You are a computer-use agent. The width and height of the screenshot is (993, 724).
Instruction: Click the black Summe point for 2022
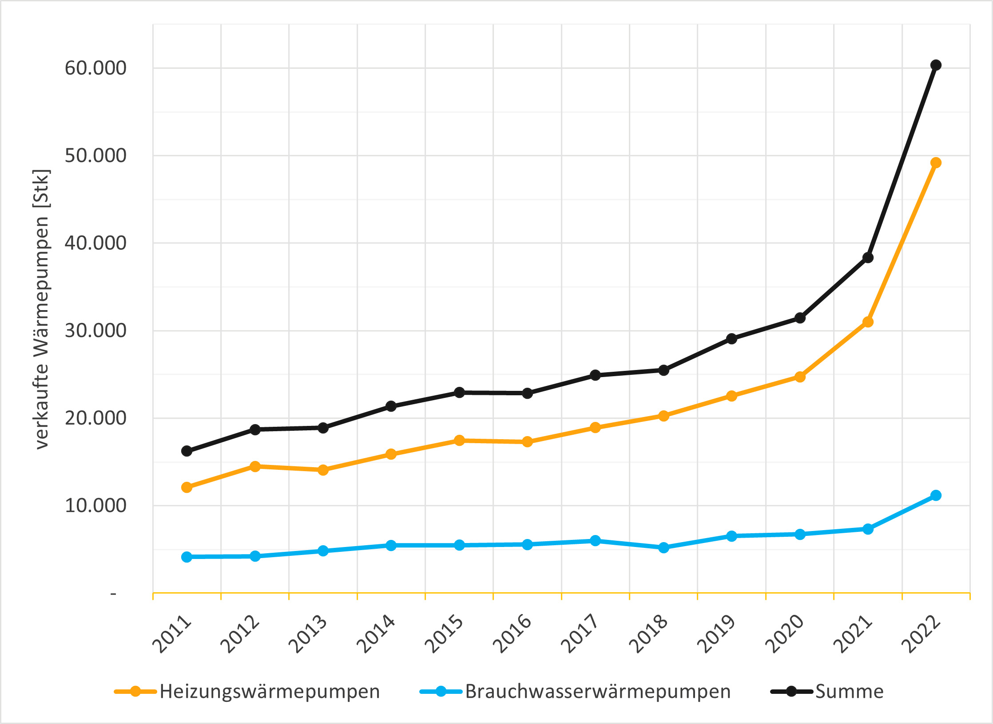pyautogui.click(x=936, y=65)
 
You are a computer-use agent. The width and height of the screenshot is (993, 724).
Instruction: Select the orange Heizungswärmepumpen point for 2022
pyautogui.click(x=936, y=163)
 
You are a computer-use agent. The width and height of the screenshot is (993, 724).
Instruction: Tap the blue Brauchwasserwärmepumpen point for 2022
pyautogui.click(x=936, y=496)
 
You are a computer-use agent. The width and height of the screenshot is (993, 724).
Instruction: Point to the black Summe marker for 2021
pyautogui.click(x=868, y=258)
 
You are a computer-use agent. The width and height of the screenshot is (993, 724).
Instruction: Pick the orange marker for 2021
pyautogui.click(x=868, y=322)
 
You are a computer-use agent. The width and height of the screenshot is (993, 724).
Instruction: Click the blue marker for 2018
pyautogui.click(x=663, y=548)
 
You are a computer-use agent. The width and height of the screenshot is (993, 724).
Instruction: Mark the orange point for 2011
pyautogui.click(x=187, y=488)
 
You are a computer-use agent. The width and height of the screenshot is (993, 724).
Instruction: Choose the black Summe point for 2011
pyautogui.click(x=187, y=451)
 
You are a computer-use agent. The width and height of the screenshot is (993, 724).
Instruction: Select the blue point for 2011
pyautogui.click(x=187, y=557)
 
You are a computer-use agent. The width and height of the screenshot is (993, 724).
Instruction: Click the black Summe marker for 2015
pyautogui.click(x=459, y=393)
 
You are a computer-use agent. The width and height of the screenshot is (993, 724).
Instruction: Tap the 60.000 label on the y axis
pyautogui.click(x=95, y=68)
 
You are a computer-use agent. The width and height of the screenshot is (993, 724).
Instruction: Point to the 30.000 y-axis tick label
pyautogui.click(x=95, y=331)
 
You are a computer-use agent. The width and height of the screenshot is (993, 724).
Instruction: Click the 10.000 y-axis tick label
pyautogui.click(x=95, y=506)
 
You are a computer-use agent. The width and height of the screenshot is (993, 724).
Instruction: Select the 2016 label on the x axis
pyautogui.click(x=512, y=634)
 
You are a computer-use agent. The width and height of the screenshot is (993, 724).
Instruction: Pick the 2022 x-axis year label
pyautogui.click(x=921, y=634)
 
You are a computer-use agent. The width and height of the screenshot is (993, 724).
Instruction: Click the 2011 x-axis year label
pyautogui.click(x=172, y=634)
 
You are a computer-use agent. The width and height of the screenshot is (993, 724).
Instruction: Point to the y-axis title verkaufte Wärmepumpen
pyautogui.click(x=42, y=309)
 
